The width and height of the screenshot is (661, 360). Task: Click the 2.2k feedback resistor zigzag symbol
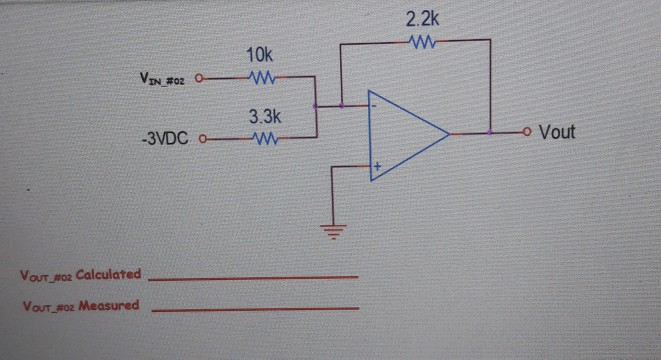(x=421, y=41)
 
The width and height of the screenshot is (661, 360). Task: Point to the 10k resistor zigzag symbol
(x=261, y=78)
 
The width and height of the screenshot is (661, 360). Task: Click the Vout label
(x=557, y=132)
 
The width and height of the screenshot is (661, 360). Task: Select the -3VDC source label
(x=161, y=139)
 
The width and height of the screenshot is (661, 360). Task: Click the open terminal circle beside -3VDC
(x=206, y=139)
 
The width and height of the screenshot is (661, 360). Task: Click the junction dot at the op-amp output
(x=490, y=132)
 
